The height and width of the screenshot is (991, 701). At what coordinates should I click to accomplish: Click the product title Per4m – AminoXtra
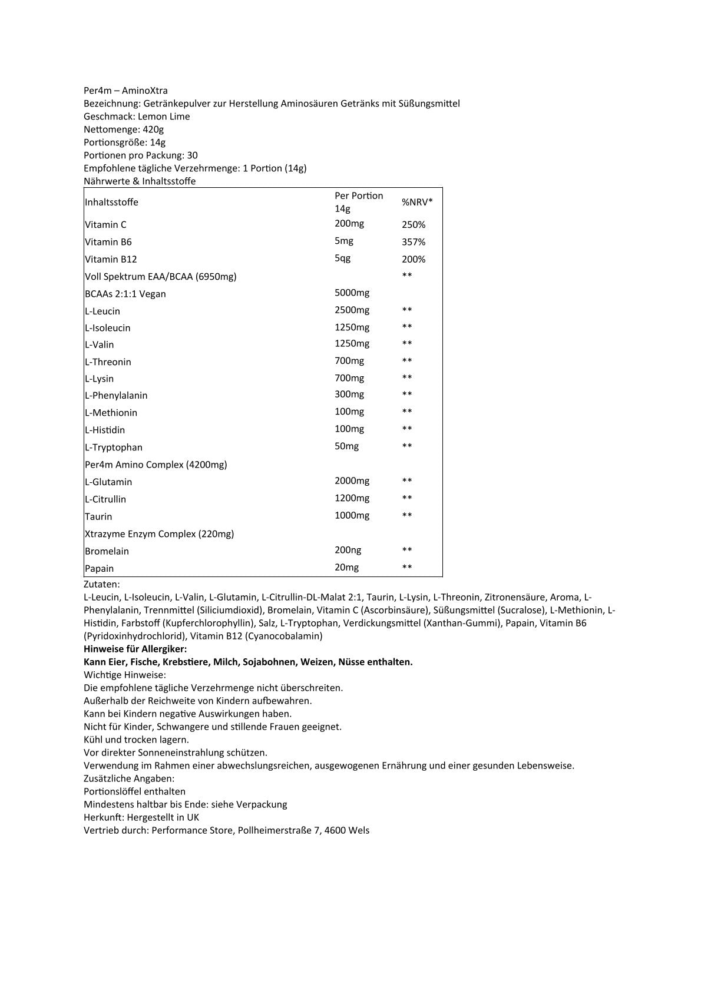(125, 91)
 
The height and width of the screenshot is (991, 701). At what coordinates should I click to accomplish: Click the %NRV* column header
(417, 202)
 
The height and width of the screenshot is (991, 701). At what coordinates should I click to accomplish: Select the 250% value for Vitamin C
(414, 224)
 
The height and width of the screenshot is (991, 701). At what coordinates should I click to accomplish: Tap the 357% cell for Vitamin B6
(414, 242)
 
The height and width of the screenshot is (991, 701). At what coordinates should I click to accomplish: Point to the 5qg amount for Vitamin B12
(342, 258)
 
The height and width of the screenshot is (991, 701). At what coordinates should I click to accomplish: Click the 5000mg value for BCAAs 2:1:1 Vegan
(352, 293)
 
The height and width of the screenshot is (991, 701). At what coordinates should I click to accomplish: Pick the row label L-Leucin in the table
(102, 311)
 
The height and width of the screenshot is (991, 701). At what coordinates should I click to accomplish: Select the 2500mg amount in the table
(352, 310)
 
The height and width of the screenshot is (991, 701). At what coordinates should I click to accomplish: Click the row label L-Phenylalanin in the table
(116, 396)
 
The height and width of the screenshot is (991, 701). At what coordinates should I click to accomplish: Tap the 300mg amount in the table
(349, 394)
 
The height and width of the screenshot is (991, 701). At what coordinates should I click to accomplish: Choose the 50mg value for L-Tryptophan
(346, 446)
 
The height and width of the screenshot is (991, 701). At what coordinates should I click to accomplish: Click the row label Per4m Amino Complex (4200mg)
(156, 465)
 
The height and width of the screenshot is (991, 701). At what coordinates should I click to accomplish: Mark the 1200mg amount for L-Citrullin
(352, 498)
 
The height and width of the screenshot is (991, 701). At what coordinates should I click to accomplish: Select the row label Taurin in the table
(98, 516)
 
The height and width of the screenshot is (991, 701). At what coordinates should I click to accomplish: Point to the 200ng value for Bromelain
(348, 550)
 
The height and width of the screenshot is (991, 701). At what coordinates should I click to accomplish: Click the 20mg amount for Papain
(346, 567)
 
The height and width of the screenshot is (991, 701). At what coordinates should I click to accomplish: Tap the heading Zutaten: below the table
(102, 584)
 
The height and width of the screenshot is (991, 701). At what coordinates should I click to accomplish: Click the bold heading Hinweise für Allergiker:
(135, 649)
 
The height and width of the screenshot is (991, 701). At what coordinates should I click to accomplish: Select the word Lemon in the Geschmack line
(152, 117)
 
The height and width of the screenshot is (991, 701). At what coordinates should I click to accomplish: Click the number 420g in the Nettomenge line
(153, 130)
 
